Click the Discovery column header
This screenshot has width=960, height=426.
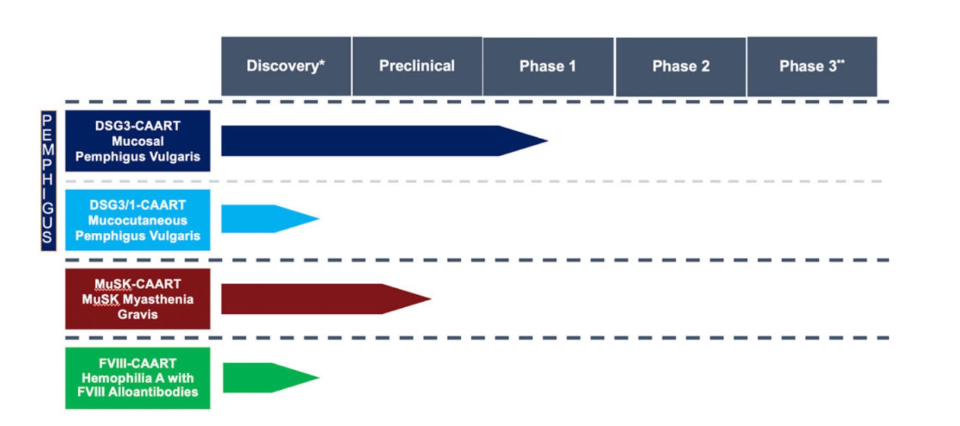286,66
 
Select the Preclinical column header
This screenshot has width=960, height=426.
417,66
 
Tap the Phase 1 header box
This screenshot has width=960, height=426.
547,66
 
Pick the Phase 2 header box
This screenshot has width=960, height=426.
680,66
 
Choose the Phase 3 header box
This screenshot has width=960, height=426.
812,66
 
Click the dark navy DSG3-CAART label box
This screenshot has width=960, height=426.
137,141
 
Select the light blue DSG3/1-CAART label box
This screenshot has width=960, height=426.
137,220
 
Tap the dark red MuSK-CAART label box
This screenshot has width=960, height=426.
137,299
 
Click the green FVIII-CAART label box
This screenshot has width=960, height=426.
137,378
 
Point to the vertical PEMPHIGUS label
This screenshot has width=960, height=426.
47,180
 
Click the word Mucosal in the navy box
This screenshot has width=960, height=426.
138,141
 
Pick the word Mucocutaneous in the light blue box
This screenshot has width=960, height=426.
138,220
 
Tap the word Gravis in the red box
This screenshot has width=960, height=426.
138,314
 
